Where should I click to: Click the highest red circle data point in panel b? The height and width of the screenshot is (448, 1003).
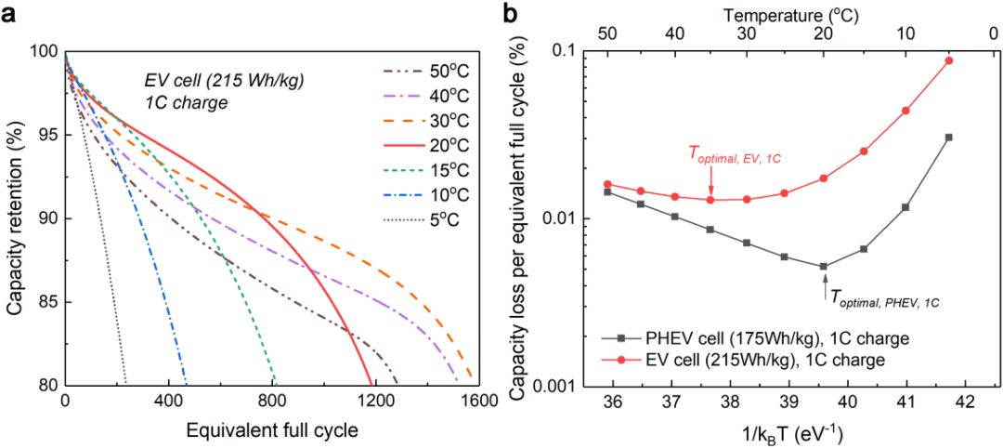pyautogui.click(x=948, y=60)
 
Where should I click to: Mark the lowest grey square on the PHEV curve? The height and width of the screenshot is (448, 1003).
pyautogui.click(x=824, y=267)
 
